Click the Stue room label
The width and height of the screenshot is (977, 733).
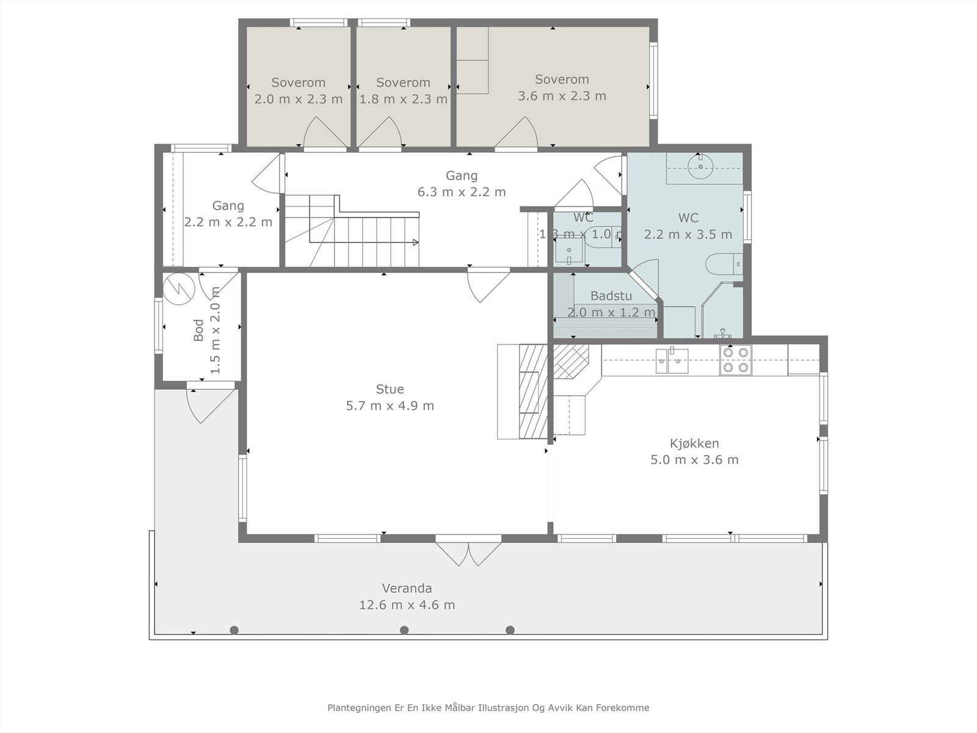(x=390, y=389)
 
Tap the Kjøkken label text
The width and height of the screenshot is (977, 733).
(x=694, y=443)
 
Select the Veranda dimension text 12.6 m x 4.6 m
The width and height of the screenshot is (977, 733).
(x=407, y=605)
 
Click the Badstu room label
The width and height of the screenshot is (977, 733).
(x=611, y=296)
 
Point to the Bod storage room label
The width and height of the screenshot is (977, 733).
(x=198, y=330)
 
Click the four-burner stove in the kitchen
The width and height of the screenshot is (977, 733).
(x=735, y=360)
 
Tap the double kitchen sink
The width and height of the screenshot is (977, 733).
(x=672, y=360)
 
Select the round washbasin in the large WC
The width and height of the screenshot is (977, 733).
(x=700, y=166)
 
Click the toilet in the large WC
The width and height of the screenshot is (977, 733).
(x=724, y=264)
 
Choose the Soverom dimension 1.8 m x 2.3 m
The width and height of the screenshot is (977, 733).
(x=403, y=99)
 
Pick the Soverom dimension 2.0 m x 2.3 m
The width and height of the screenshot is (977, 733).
(x=299, y=99)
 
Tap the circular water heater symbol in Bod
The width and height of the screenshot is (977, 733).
(x=179, y=288)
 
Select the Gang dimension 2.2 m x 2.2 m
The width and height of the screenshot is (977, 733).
(x=228, y=222)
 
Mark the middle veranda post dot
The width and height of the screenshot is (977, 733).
(x=404, y=630)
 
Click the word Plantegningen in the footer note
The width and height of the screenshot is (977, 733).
(x=360, y=707)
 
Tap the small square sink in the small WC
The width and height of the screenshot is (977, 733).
(x=569, y=250)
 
